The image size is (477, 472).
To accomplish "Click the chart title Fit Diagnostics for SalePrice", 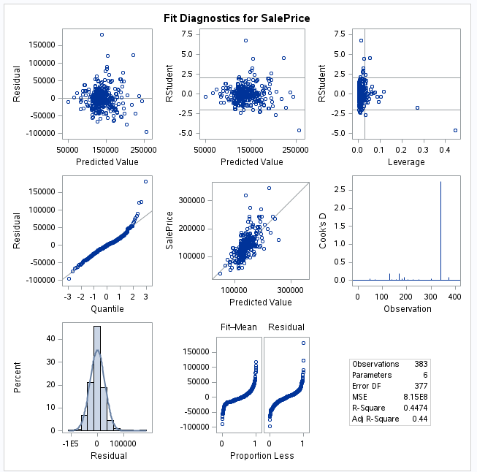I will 237,17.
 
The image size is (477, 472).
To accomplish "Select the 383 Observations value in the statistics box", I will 421,364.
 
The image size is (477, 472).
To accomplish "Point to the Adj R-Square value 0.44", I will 421,419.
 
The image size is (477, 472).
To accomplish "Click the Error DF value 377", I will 421,386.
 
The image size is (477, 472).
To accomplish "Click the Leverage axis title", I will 407,162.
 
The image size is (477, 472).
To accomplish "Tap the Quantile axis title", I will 107,309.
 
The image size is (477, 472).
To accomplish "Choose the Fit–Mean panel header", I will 239,327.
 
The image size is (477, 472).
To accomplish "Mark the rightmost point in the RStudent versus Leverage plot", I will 455,131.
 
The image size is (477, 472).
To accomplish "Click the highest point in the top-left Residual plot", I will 102,34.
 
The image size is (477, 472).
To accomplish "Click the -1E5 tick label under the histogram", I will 71,443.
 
